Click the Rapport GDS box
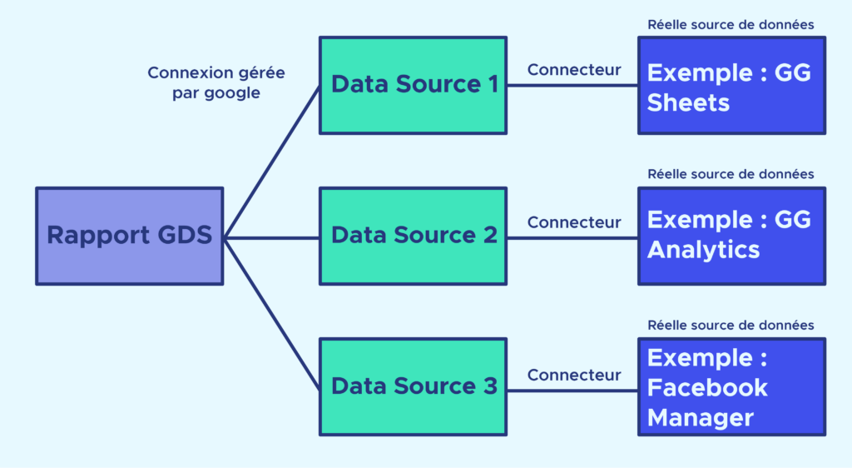click(x=129, y=236)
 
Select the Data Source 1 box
click(x=413, y=85)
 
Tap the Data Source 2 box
click(x=413, y=236)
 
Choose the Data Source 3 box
click(x=413, y=386)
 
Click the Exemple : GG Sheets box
click(x=731, y=85)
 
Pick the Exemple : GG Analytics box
click(x=731, y=236)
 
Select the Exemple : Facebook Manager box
click(x=731, y=386)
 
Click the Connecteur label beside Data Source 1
click(x=574, y=70)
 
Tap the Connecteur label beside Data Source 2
click(x=574, y=222)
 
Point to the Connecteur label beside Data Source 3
click(x=574, y=375)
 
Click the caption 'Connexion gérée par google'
click(x=216, y=83)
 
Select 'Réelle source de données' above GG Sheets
click(x=731, y=24)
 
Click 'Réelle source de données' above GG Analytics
click(x=731, y=174)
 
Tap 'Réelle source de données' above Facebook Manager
click(x=731, y=325)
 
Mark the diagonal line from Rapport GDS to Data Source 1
click(x=272, y=162)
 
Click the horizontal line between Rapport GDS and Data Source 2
click(x=271, y=237)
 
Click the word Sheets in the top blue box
click(x=688, y=102)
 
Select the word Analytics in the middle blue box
click(x=703, y=250)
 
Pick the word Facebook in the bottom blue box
click(x=707, y=387)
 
